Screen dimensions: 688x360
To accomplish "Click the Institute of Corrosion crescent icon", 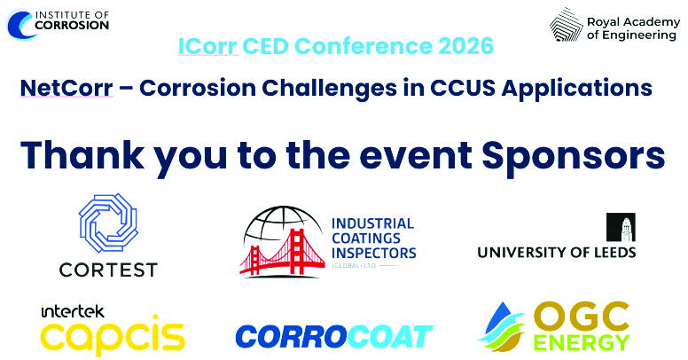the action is click(x=17, y=25).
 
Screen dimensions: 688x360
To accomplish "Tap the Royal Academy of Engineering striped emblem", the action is click(x=566, y=25).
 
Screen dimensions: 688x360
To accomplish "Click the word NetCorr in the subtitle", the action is click(x=66, y=88).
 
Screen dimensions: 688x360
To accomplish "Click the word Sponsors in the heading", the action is click(x=574, y=156).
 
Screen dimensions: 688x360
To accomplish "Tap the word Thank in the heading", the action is click(x=82, y=155).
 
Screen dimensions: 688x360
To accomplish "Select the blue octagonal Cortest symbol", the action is click(x=108, y=223).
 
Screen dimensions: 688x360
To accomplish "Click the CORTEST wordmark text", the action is click(x=108, y=270).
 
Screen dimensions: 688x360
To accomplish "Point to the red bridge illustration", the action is click(x=283, y=254).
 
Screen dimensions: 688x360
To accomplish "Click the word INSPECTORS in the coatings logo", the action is click(x=374, y=253).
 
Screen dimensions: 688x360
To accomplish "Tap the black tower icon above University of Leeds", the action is click(x=621, y=227).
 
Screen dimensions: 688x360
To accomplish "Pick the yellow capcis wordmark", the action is click(x=113, y=336).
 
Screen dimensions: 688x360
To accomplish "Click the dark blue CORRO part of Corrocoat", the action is click(x=293, y=337).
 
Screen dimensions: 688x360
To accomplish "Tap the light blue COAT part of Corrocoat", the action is click(x=392, y=337).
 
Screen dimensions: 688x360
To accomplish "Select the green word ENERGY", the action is click(x=582, y=343).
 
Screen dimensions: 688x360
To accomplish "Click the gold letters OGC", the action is click(x=582, y=317).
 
